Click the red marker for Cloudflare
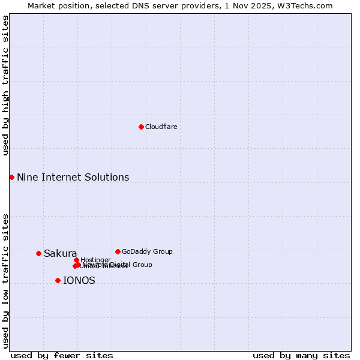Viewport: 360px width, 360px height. (x=141, y=127)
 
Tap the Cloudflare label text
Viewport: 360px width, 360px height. (x=161, y=127)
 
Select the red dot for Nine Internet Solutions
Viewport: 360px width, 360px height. (x=11, y=177)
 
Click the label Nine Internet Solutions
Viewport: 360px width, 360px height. (x=73, y=177)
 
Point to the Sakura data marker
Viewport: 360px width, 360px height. (x=38, y=253)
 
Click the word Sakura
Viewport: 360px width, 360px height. (x=60, y=253)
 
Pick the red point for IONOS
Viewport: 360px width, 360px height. (x=58, y=280)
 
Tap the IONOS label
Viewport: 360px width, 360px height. (x=79, y=280)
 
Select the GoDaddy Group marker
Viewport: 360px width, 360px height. (x=118, y=251)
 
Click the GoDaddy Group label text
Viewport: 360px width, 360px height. (x=146, y=251)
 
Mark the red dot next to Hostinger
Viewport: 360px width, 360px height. (x=76, y=260)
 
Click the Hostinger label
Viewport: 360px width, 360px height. (x=95, y=260)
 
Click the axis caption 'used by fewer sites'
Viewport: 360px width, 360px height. (x=62, y=355)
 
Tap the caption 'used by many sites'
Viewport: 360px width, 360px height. (x=301, y=355)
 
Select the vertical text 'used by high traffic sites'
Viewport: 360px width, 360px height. (x=5, y=85)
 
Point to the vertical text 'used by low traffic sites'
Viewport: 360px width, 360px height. (x=5, y=281)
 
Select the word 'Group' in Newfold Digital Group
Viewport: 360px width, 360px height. (x=142, y=265)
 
